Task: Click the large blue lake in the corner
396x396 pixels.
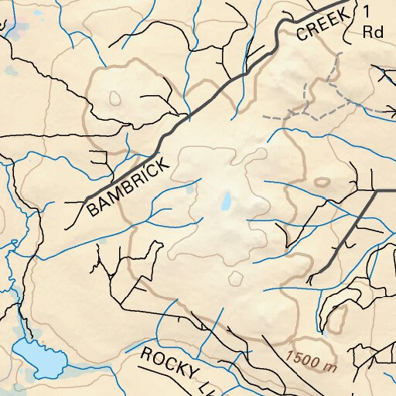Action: (40, 357)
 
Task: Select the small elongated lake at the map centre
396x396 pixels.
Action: (226, 202)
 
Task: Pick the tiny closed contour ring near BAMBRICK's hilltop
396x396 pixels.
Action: (115, 98)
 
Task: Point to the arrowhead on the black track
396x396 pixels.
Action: (383, 70)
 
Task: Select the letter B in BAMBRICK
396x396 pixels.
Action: (94, 209)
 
